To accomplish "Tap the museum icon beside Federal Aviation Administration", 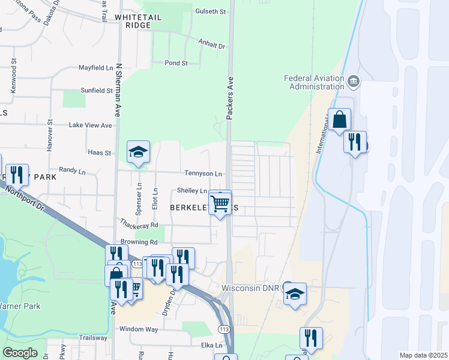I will point(353,81).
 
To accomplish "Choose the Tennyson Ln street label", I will point(203,173).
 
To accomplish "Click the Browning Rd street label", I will point(139,242).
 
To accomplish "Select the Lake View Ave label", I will point(91,125).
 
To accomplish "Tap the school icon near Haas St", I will point(138,152).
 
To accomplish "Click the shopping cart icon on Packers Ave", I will point(220,203).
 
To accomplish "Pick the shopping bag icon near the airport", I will point(339,119).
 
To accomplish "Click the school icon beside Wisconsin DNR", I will point(295,294).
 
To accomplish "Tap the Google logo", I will point(20,353).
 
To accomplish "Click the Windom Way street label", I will point(139,329).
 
